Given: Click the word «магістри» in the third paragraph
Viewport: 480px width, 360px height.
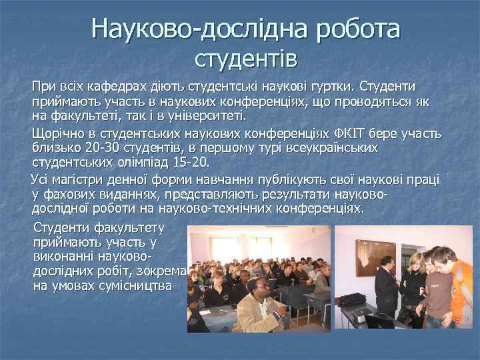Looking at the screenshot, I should (75, 179).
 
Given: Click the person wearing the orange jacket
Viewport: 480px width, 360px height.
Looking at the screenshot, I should (460, 287).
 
